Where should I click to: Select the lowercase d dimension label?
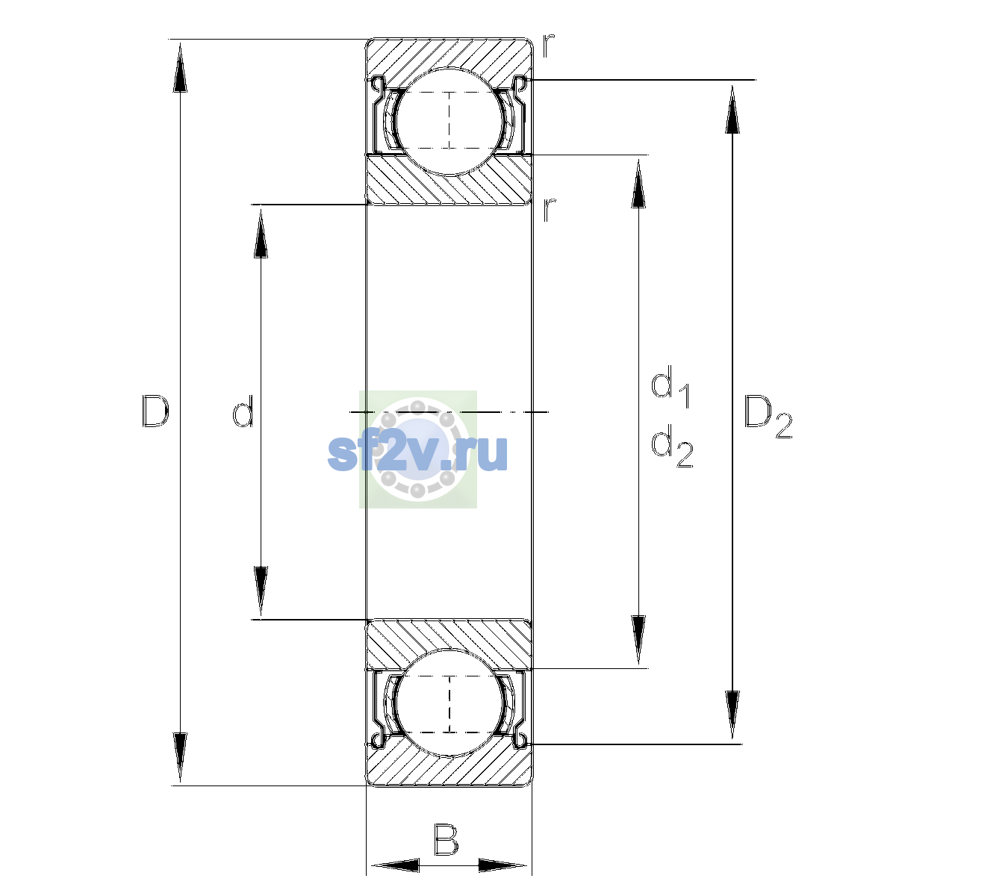point(243,411)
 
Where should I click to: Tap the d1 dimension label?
point(671,386)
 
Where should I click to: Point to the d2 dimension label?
point(672,446)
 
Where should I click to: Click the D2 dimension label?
point(768,417)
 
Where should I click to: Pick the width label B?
point(446,839)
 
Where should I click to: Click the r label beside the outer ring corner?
point(548,46)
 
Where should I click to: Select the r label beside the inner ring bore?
point(549,210)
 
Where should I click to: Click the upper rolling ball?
point(449,122)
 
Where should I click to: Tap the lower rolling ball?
point(449,703)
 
